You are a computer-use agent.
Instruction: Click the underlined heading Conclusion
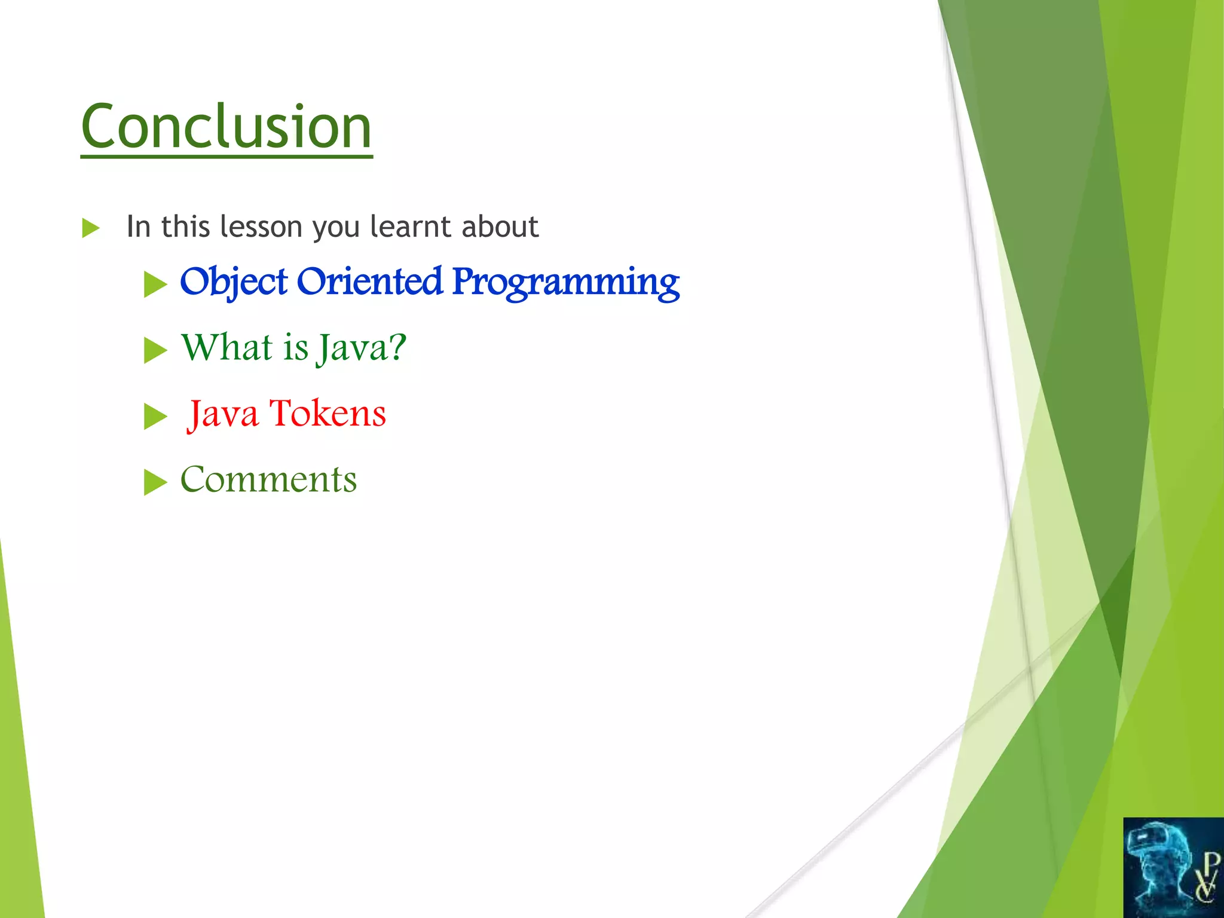pyautogui.click(x=226, y=127)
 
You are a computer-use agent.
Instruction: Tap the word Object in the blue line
pyautogui.click(x=234, y=281)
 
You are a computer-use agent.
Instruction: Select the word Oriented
pyautogui.click(x=369, y=281)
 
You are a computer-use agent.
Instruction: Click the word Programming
pyautogui.click(x=565, y=283)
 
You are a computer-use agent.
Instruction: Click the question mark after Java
pyautogui.click(x=395, y=347)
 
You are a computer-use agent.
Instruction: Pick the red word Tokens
pyautogui.click(x=328, y=413)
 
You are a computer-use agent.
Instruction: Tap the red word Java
pyautogui.click(x=223, y=414)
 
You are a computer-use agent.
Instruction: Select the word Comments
pyautogui.click(x=268, y=479)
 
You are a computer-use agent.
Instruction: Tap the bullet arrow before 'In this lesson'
pyautogui.click(x=90, y=228)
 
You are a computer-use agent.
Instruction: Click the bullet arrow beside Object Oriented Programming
pyautogui.click(x=155, y=284)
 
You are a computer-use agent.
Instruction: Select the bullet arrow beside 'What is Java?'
pyautogui.click(x=155, y=350)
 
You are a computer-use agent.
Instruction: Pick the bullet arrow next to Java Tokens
pyautogui.click(x=155, y=417)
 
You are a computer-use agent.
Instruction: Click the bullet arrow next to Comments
pyautogui.click(x=155, y=482)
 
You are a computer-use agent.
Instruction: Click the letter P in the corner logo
pyautogui.click(x=1210, y=863)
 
